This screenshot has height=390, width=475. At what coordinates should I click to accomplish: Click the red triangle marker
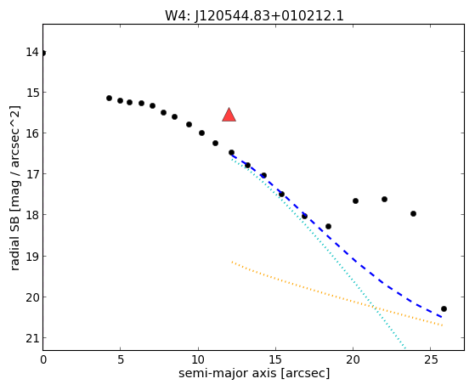229,116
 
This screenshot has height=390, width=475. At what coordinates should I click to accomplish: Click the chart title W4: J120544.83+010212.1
254,16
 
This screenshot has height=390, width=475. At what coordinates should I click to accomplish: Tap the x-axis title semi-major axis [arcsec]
254,373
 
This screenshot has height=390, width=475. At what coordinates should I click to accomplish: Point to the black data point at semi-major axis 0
43,53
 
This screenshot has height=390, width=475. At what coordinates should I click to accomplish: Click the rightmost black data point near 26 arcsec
444,308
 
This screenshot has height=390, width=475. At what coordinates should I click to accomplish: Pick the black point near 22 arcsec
384,199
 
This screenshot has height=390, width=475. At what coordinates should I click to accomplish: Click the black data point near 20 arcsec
356,201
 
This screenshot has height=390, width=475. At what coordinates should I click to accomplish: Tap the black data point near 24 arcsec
413,213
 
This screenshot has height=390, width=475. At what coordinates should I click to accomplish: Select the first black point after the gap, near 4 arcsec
109,98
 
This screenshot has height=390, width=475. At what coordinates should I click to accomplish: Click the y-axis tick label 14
32,52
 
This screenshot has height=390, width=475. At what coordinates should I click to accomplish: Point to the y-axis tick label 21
32,338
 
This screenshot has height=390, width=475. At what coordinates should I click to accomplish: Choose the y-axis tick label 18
32,215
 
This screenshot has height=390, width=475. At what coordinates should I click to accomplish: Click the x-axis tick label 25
431,359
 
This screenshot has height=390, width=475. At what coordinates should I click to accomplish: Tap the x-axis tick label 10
198,359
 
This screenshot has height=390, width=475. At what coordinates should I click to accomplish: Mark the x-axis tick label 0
43,359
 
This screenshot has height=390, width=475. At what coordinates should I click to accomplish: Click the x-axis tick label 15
275,359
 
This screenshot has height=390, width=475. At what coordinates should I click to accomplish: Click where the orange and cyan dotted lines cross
376,308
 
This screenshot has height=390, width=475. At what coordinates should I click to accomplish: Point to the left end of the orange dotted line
232,262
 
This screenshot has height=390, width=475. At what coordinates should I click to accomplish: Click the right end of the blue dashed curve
442,317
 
